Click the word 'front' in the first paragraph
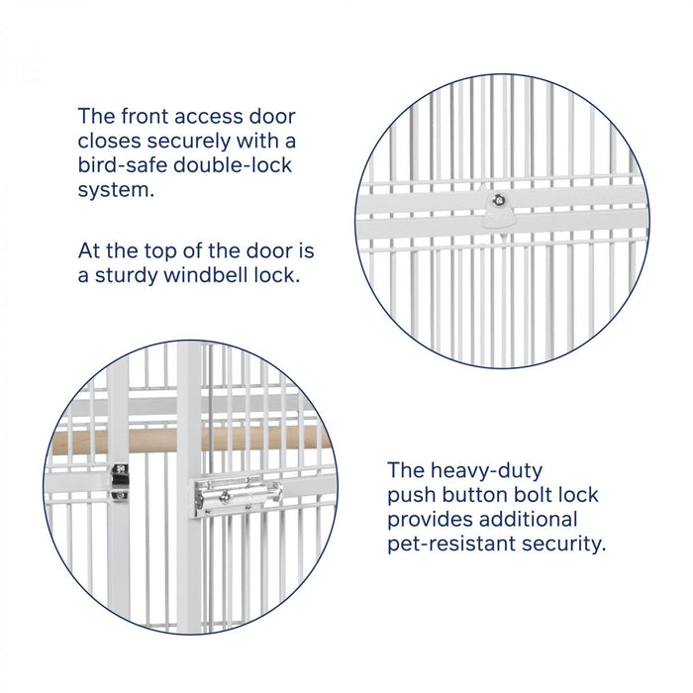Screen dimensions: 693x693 145,117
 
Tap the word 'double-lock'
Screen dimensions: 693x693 233,165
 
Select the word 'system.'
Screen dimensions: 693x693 116,190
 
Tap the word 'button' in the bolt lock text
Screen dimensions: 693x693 473,495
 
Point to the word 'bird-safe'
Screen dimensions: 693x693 123,165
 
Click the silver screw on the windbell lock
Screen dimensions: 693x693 499,201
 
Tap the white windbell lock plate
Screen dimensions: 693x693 499,211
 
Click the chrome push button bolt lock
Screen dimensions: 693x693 237,495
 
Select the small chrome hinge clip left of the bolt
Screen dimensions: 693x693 119,483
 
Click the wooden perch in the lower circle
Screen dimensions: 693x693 191,441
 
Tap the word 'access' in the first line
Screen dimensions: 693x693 209,117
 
